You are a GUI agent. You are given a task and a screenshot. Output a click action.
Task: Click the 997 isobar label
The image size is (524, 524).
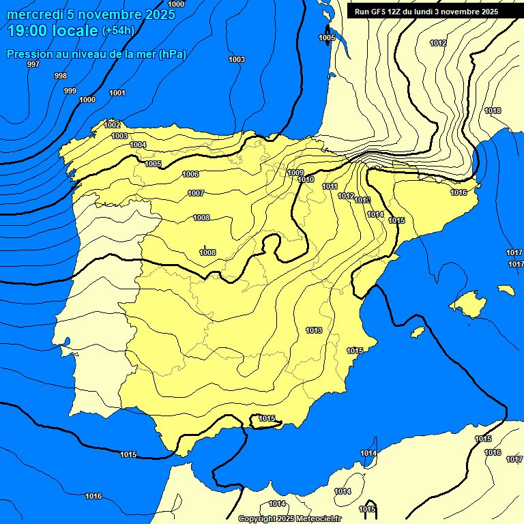click(x=33, y=64)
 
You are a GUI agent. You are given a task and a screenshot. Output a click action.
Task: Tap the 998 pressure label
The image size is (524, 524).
click(x=61, y=76)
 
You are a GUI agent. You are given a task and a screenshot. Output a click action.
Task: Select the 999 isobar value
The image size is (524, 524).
click(x=70, y=91)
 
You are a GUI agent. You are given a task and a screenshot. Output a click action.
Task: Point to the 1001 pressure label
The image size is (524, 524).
click(x=117, y=93)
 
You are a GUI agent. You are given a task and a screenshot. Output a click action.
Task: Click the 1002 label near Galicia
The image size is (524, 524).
click(x=112, y=125)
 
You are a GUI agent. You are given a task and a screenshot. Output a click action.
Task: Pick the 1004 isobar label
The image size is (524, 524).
click(x=138, y=145)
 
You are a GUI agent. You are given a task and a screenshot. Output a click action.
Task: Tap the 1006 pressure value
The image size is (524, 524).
click(x=191, y=175)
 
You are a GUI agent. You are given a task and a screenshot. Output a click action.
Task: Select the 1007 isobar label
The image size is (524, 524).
click(x=196, y=193)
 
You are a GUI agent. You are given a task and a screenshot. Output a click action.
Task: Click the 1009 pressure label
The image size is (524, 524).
click(x=295, y=173)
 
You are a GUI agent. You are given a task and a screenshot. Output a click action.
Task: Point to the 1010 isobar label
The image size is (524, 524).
click(x=306, y=179)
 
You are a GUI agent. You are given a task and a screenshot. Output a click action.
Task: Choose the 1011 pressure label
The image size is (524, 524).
click(x=330, y=186)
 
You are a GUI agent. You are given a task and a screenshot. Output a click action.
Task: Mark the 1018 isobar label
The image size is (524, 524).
click(x=493, y=111)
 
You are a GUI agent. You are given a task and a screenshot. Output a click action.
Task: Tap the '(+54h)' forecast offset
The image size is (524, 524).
click(x=118, y=31)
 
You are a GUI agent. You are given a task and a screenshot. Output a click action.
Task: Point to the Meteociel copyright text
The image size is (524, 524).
click(x=289, y=519)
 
